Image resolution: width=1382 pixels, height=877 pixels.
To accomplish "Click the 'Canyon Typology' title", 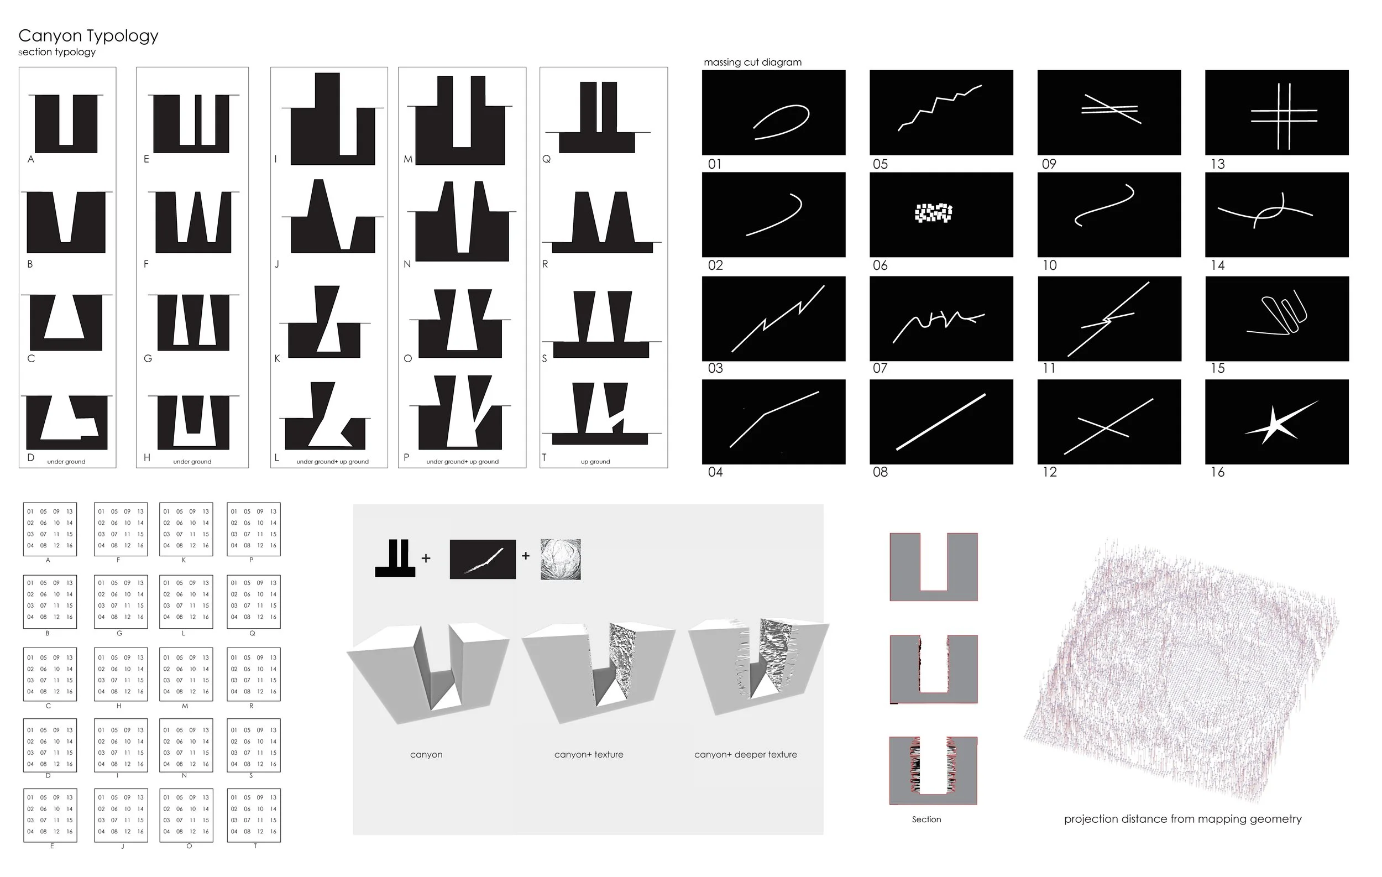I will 88,35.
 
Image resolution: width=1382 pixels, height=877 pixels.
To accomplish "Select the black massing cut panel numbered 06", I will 941,214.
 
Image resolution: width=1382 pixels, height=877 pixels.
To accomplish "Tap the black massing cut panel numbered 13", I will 1276,112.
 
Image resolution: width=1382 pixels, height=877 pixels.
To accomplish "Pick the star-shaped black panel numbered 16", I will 1276,421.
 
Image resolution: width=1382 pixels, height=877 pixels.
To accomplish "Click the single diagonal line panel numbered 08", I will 941,421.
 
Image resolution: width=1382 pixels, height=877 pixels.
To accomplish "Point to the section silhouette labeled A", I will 66,123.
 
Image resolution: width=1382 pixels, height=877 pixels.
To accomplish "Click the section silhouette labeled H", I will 193,422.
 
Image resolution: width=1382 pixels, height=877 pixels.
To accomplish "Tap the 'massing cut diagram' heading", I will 752,62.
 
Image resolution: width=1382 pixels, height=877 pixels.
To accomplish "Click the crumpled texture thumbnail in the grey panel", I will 560,558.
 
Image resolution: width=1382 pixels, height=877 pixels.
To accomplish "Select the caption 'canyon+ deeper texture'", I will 746,754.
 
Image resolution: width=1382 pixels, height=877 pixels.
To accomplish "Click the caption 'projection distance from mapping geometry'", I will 1182,818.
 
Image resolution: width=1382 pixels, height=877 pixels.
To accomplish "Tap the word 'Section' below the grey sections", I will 926,819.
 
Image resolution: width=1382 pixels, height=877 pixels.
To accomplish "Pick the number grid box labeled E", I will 50,815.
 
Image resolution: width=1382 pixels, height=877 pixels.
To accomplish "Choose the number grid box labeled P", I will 254,529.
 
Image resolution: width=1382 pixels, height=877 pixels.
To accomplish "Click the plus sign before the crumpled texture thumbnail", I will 526,556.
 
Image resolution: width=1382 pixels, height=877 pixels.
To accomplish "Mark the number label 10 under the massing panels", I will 1049,265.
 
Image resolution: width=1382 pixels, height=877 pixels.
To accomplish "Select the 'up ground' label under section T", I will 595,462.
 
